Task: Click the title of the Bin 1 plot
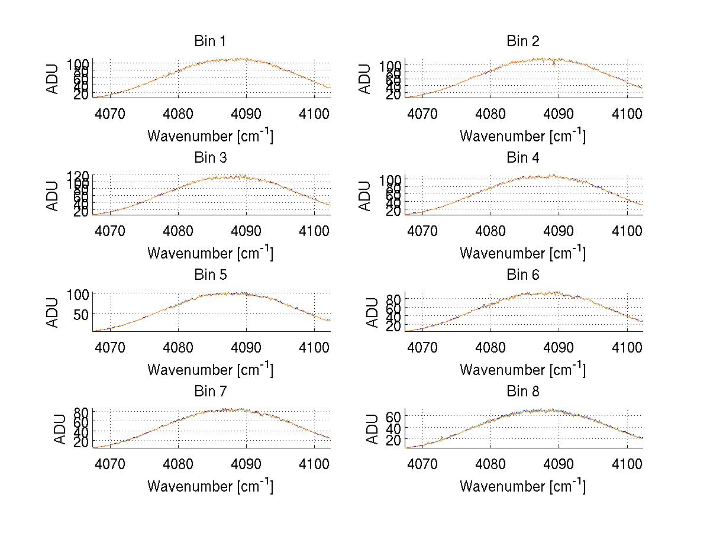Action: pyautogui.click(x=210, y=41)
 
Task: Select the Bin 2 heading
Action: pyautogui.click(x=523, y=41)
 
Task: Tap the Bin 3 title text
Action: pyautogui.click(x=210, y=158)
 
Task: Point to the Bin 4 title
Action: pyautogui.click(x=523, y=158)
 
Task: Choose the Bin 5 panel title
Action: pyautogui.click(x=210, y=275)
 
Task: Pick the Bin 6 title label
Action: pyautogui.click(x=523, y=275)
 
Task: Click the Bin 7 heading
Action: pyautogui.click(x=210, y=392)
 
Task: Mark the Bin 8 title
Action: pyautogui.click(x=523, y=392)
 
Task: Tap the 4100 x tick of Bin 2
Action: pyautogui.click(x=627, y=113)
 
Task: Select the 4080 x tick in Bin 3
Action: pyautogui.click(x=179, y=230)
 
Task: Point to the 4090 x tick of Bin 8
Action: pyautogui.click(x=559, y=463)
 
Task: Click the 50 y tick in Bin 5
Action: pyautogui.click(x=81, y=314)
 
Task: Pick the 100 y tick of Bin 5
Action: pyautogui.click(x=78, y=294)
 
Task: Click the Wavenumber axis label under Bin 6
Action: pyautogui.click(x=523, y=369)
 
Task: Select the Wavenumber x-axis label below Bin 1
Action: pyautogui.click(x=210, y=135)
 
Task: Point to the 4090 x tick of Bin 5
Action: pyautogui.click(x=246, y=346)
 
